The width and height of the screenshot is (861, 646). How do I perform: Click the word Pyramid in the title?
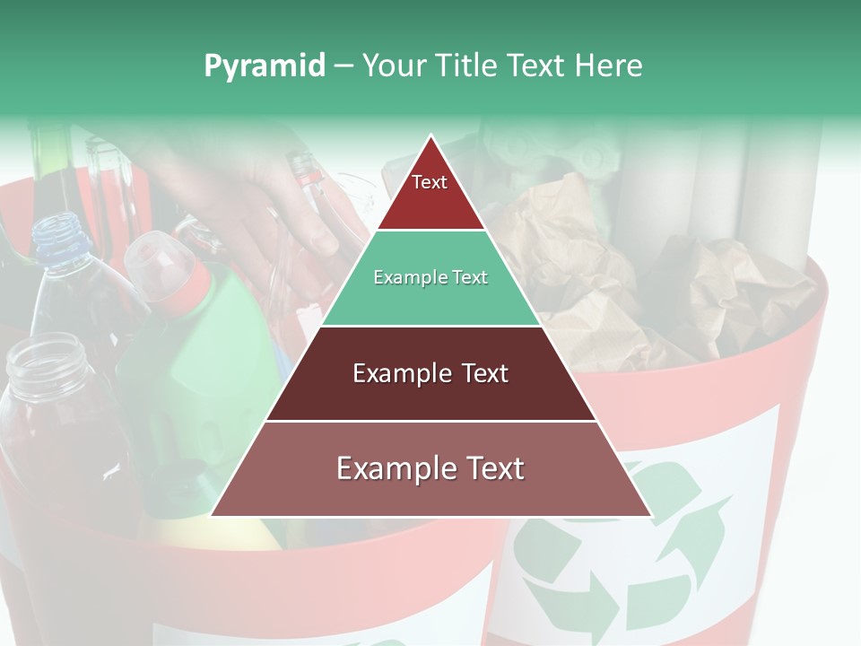point(264,66)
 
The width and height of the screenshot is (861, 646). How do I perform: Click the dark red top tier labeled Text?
point(430,192)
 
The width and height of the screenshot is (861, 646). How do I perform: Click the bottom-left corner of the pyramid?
point(213,515)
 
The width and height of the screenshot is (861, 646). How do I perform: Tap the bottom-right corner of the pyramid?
point(650,515)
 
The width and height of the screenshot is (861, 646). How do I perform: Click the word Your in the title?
point(393,66)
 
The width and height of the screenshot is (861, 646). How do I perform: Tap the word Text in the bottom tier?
point(493,468)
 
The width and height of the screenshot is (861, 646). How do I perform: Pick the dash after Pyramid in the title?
point(344,66)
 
